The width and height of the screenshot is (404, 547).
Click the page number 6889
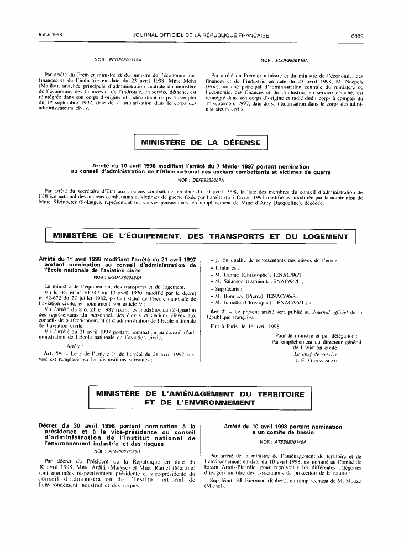tap(356, 35)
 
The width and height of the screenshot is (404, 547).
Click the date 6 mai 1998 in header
tap(50, 35)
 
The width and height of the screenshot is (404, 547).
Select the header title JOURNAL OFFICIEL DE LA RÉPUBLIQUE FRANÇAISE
tap(201, 35)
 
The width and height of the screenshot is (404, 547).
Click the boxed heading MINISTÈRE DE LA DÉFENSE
tap(201, 143)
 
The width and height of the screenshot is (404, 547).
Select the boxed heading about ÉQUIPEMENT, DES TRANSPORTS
tap(201, 236)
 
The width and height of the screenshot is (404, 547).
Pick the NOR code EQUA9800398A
tap(121, 277)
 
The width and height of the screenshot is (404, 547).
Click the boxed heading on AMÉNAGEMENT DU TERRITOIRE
tap(201, 398)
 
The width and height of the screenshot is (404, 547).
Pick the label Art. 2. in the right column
tap(222, 312)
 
